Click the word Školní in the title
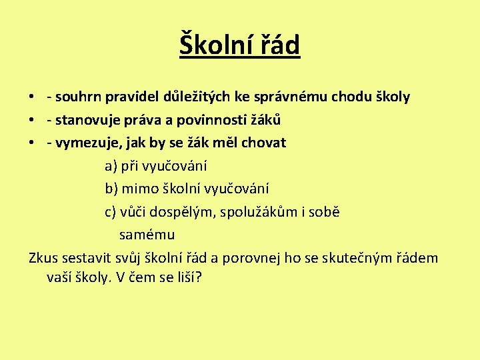click(x=214, y=45)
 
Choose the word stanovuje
click(x=86, y=121)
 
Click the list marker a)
click(x=111, y=167)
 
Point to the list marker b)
click(x=111, y=189)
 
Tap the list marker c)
click(x=111, y=213)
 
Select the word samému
click(x=147, y=235)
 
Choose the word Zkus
click(x=43, y=258)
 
